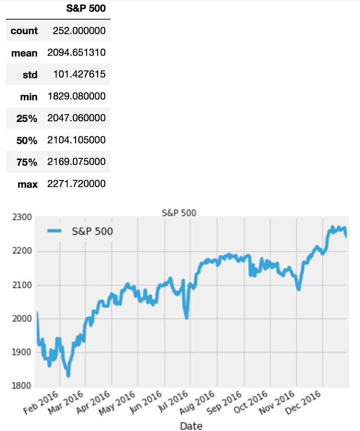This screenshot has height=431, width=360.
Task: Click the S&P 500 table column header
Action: point(86,9)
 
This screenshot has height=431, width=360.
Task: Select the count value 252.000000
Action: point(79,31)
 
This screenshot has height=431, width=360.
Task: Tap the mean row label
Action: point(24,53)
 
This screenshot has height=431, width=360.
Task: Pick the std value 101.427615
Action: point(79,74)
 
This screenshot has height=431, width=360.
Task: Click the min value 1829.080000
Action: point(76,96)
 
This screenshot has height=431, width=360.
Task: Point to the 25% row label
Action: point(27,118)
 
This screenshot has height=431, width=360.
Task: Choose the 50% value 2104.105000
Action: point(76,140)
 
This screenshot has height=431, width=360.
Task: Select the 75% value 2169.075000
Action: point(76,162)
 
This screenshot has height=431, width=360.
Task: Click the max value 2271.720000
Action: point(76,184)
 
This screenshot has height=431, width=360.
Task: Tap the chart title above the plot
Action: point(179,213)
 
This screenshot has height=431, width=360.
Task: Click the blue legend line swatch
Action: point(54,232)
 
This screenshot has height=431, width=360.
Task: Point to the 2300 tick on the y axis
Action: point(22,217)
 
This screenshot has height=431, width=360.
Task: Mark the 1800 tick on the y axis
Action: point(22,386)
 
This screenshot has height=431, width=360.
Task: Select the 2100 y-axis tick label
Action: point(22,285)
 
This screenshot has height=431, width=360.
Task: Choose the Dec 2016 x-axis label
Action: point(303,402)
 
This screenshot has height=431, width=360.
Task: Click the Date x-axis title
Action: point(191,426)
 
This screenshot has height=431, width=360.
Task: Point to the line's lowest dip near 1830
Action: point(68,375)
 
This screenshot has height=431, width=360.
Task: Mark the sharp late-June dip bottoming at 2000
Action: point(186,318)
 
